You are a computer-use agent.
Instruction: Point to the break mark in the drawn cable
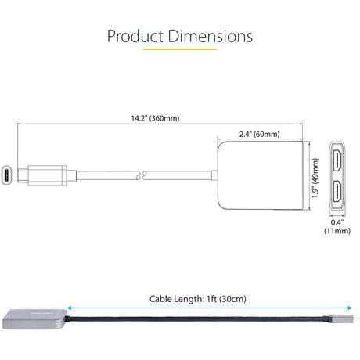141,175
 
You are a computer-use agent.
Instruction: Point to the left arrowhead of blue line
70,308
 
